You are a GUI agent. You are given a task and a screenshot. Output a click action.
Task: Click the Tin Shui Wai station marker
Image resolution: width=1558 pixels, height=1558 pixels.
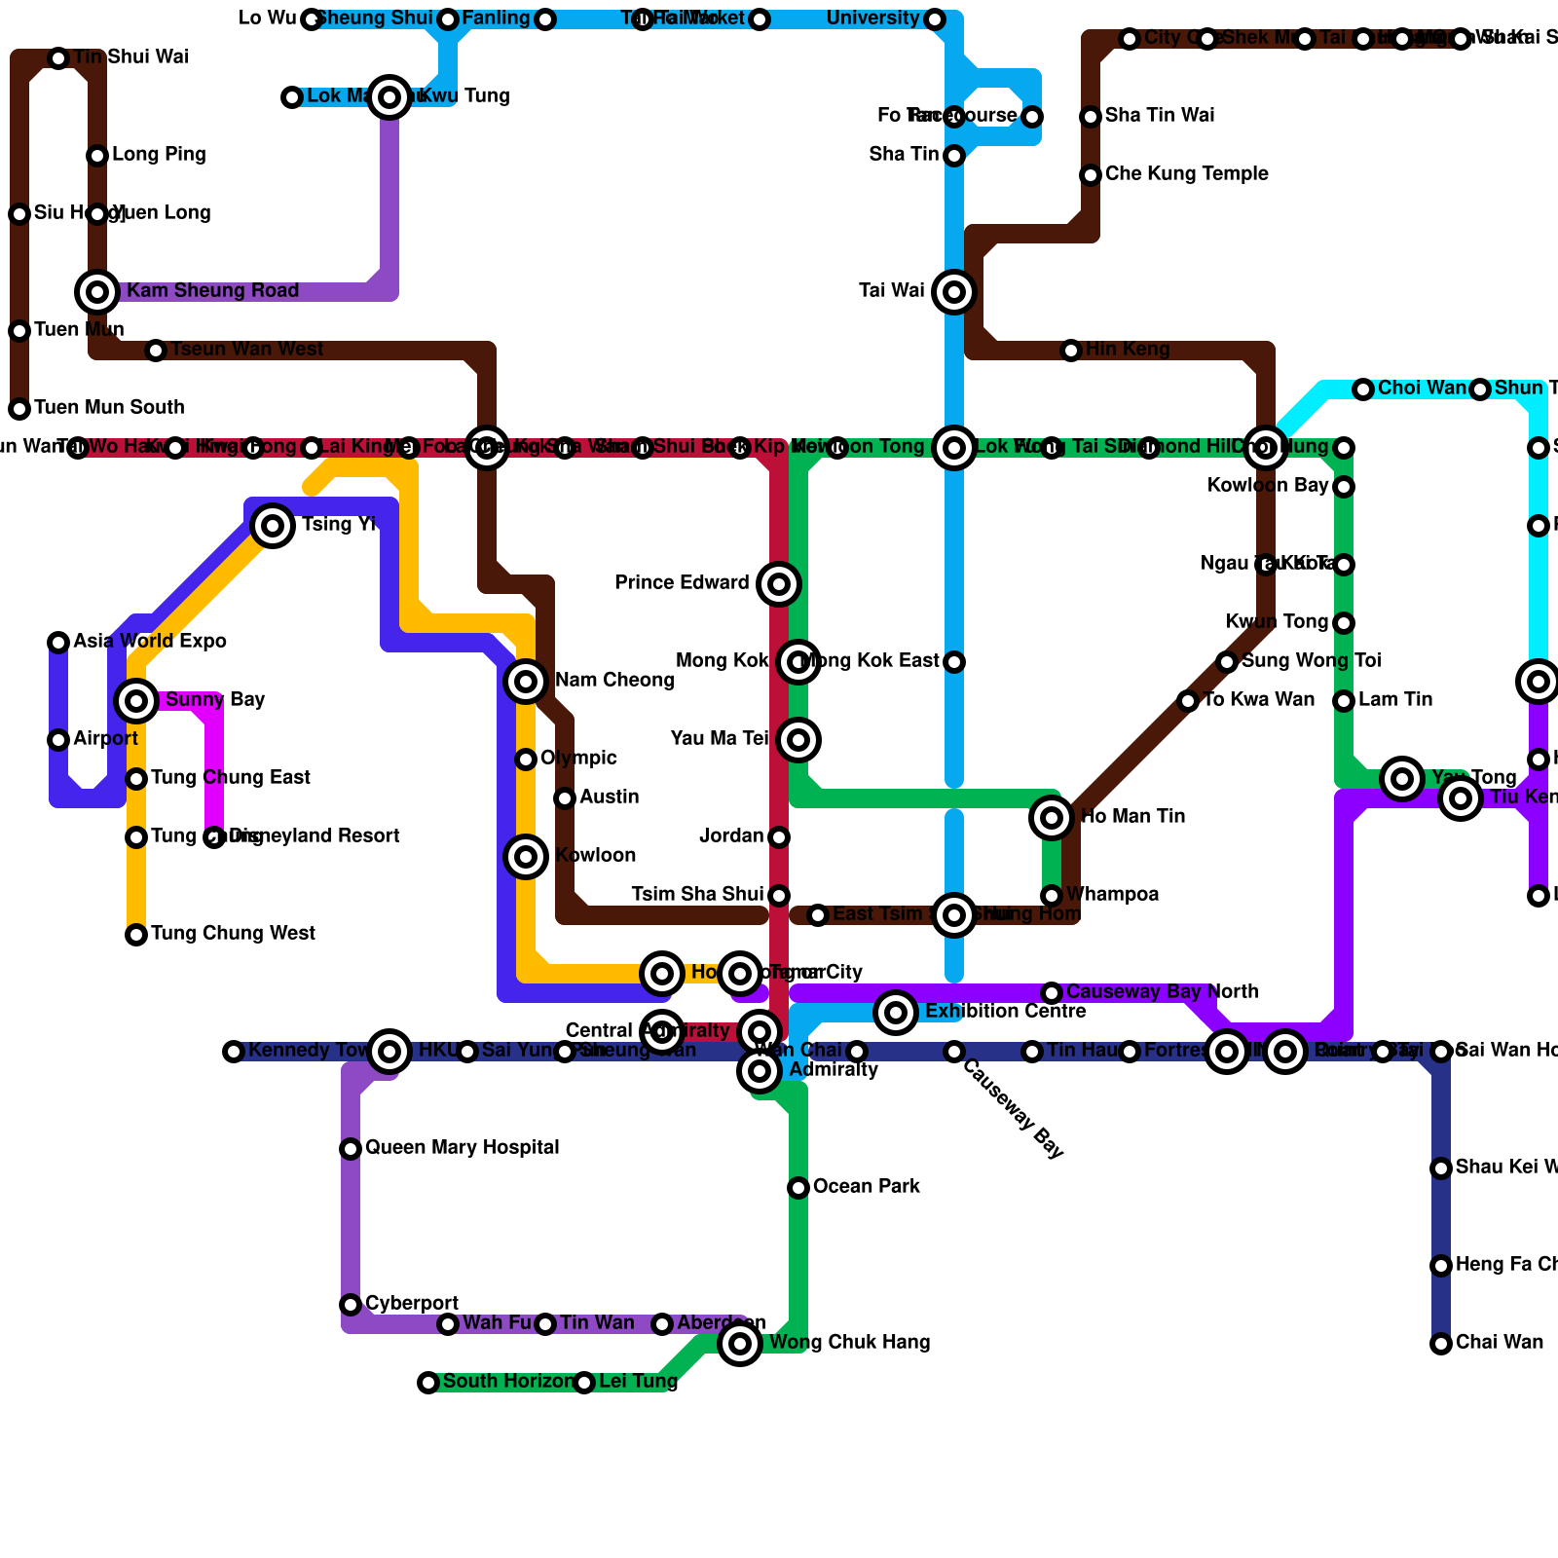pos(58,58)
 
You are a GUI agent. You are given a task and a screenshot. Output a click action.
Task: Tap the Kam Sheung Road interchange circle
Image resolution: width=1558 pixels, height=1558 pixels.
pos(97,291)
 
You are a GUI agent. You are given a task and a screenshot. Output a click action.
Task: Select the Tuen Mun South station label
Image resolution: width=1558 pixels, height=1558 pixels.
pos(109,408)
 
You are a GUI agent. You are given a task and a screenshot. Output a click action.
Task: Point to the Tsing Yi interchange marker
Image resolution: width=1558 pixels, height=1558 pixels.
pos(273,526)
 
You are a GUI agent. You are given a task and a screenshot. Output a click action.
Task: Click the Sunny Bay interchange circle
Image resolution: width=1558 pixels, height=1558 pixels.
pos(136,700)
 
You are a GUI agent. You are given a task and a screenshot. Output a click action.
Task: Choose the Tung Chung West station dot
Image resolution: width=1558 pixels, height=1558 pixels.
pos(136,935)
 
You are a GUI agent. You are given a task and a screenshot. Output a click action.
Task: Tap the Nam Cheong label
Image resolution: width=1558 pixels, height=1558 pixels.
pos(613,681)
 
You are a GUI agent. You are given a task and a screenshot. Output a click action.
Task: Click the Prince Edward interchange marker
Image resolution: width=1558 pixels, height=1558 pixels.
pos(779,584)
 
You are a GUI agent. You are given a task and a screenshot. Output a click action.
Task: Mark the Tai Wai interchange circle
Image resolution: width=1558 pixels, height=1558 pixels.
pos(954,291)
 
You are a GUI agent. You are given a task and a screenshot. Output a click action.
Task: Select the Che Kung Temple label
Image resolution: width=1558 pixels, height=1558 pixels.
pos(1186,174)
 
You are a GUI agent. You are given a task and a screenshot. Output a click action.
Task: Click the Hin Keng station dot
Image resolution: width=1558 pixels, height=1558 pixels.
pos(1071,351)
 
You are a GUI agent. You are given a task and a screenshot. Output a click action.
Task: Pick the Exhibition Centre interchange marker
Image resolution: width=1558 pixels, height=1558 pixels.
pos(896,1013)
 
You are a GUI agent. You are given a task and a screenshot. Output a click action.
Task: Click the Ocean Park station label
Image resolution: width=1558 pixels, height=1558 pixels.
pos(866,1187)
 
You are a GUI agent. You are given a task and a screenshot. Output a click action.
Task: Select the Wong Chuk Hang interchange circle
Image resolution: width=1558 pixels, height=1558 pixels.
pos(740,1344)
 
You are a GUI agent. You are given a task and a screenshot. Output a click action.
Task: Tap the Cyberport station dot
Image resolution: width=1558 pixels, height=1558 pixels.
pos(351,1305)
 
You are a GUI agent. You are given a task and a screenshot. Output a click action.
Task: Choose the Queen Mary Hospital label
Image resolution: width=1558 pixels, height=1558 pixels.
pos(462,1148)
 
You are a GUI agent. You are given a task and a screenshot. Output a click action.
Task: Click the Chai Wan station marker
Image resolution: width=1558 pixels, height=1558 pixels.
pos(1441,1344)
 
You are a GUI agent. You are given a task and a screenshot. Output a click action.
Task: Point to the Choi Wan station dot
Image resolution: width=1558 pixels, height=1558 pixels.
pos(1363,389)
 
